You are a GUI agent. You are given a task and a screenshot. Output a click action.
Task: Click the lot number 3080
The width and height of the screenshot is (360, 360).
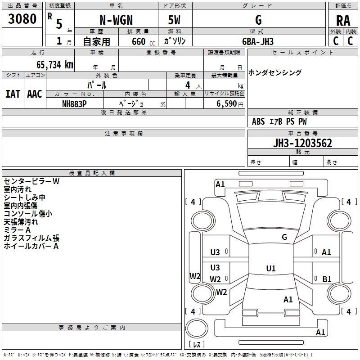[22, 19]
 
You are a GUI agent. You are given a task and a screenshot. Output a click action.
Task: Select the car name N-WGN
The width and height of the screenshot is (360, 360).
[116, 20]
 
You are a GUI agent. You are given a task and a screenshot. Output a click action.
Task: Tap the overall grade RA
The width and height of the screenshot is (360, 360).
[343, 21]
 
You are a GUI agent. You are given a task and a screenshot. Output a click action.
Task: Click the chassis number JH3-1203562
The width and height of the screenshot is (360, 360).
[303, 143]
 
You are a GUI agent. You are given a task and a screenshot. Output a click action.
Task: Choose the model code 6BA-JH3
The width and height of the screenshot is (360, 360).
[258, 41]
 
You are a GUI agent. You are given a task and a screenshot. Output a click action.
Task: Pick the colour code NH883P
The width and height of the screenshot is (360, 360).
[74, 103]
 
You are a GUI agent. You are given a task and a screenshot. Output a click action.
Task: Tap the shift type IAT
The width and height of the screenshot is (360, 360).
[13, 94]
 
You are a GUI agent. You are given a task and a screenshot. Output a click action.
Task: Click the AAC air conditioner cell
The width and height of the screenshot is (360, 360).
[35, 94]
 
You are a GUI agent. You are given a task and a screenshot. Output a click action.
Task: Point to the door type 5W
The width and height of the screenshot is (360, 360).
[175, 20]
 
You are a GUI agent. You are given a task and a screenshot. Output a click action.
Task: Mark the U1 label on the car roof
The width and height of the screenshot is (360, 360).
[271, 269]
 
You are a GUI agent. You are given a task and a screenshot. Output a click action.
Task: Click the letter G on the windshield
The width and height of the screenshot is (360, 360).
[284, 237]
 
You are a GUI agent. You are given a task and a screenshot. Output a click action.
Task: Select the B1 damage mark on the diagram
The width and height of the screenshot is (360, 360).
[327, 279]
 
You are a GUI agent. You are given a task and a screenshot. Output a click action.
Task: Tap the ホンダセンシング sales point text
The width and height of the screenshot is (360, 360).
[275, 72]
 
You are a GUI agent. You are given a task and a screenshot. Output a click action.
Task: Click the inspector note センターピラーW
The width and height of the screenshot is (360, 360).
[31, 181]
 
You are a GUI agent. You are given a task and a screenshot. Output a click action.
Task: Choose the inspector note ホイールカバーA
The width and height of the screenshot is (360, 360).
[31, 246]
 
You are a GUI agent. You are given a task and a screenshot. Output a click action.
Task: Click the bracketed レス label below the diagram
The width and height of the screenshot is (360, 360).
[196, 344]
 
